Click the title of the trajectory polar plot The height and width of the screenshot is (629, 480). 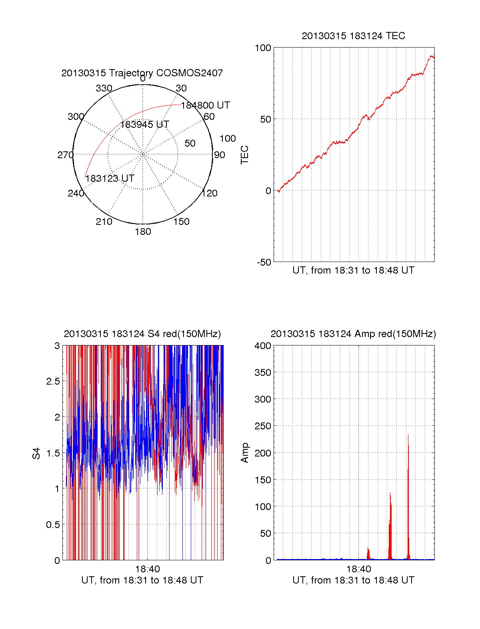pos(142,73)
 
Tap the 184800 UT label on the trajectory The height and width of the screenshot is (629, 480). pos(205,105)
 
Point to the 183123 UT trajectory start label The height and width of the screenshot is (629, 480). pos(110,179)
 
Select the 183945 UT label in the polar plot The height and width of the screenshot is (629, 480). pos(144,125)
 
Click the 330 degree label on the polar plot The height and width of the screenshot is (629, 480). pos(104,88)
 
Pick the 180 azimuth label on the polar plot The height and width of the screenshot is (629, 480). pos(143,232)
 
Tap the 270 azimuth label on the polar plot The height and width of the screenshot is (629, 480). pos(65,155)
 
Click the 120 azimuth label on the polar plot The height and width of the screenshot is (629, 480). pos(210,193)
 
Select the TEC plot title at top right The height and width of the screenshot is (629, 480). pos(353,36)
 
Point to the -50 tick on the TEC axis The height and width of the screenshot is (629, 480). pos(264,262)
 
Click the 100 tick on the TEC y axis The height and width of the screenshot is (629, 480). pos(263,48)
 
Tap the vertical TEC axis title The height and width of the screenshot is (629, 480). pos(244,155)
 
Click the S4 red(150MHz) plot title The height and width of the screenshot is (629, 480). pos(142,334)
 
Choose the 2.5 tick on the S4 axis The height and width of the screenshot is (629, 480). pos(53,381)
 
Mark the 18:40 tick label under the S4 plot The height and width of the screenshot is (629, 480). pos(147,569)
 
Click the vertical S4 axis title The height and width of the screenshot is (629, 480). pos(36,453)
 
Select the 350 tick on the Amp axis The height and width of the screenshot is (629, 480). pos(263,373)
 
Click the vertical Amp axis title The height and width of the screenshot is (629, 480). pos(244,453)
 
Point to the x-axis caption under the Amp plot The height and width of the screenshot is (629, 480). pos(353,580)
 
